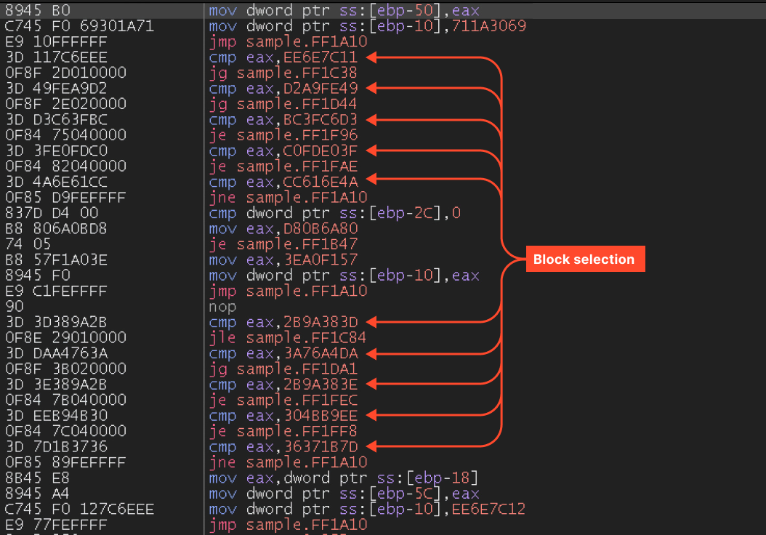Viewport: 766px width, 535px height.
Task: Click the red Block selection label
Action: pos(584,260)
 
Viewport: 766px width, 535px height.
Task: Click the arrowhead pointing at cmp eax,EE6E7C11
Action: pos(372,57)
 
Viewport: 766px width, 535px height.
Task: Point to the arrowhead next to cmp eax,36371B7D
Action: pos(372,446)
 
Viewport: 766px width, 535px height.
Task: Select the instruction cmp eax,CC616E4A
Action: pos(283,182)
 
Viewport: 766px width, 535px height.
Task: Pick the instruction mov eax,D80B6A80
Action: pos(283,228)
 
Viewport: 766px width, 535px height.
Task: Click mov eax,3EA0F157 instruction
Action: pos(283,260)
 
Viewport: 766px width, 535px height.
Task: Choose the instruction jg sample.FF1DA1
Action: pos(283,369)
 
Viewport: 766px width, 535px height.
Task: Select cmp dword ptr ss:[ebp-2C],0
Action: pos(334,213)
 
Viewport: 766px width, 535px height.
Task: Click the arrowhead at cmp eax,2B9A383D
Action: pos(372,321)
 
